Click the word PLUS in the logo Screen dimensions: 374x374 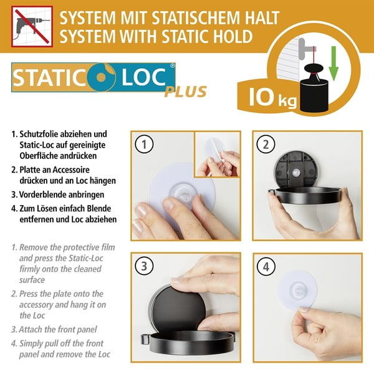click(x=186, y=92)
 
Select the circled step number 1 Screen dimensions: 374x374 click(x=145, y=145)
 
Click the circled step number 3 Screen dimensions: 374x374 click(x=145, y=267)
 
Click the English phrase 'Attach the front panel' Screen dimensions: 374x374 click(x=60, y=329)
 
